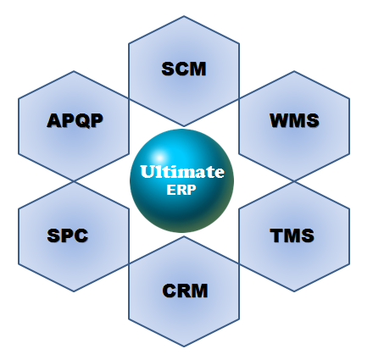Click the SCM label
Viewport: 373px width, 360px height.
coord(184,69)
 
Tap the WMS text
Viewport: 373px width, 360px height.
coord(294,120)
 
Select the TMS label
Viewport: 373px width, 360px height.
coord(292,235)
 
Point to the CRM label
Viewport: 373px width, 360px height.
coord(185,291)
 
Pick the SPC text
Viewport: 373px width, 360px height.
coord(68,235)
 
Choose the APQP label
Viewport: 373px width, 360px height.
coord(75,120)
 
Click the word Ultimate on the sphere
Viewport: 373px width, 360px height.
coord(182,172)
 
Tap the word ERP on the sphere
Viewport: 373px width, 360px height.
coord(181,190)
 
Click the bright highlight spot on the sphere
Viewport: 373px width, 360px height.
coord(159,158)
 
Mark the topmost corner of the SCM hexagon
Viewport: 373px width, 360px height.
coord(184,16)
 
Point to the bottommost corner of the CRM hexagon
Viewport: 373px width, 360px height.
coord(184,346)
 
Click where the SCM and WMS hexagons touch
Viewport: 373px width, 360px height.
coord(239,98)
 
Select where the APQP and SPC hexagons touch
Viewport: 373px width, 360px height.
coord(74,181)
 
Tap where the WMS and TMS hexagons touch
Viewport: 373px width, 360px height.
coord(294,181)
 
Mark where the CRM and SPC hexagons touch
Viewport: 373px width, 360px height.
coord(129,263)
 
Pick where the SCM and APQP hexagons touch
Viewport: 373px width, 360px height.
coord(129,98)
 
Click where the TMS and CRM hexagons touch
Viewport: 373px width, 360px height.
coord(239,263)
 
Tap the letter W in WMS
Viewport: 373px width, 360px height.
coord(279,120)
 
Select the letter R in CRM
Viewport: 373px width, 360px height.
coord(184,291)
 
